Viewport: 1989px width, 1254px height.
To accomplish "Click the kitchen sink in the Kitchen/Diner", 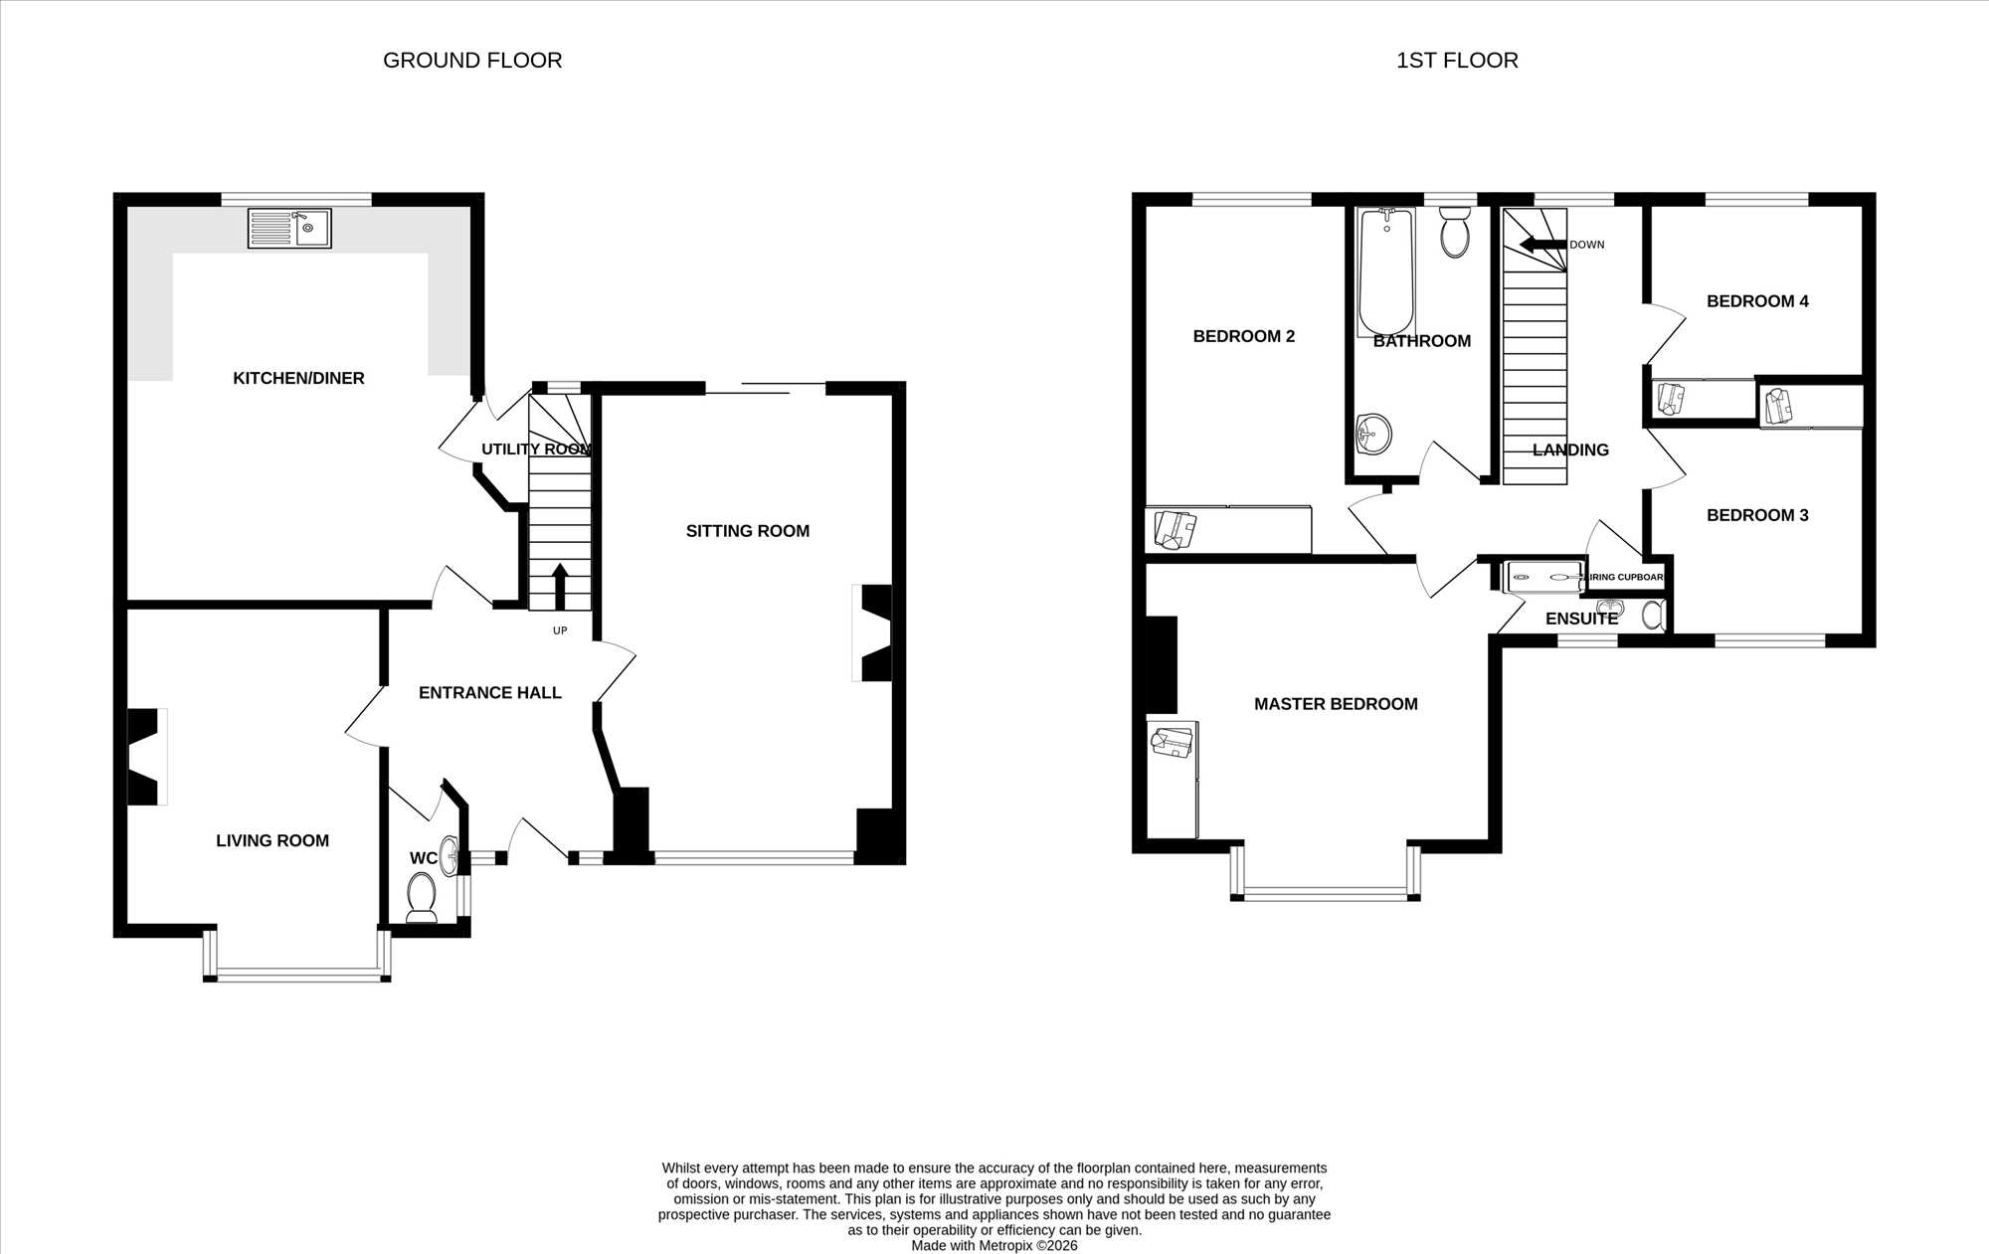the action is [289, 228].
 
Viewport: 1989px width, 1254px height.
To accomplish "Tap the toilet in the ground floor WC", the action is [422, 897].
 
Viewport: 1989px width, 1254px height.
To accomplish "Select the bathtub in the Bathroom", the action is [1386, 270].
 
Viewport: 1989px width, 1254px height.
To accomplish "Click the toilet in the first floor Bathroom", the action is [1455, 231].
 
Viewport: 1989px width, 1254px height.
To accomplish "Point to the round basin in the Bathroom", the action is [1373, 434].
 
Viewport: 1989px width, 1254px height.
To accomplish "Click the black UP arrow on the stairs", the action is [560, 586].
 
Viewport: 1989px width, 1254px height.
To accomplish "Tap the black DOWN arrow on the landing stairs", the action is [1542, 245].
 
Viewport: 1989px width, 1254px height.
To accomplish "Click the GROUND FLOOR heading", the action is [472, 61].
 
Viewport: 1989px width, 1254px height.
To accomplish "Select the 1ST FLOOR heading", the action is [1457, 61].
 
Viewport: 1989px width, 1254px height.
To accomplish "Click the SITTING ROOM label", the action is [748, 531].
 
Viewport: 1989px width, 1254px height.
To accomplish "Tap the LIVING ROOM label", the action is [272, 840].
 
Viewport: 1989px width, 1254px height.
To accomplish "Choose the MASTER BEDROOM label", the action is [1336, 704].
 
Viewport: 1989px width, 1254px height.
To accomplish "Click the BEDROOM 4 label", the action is [1757, 301].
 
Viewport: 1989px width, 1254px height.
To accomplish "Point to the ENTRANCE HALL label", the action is [490, 693].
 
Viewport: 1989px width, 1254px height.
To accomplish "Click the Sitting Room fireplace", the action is [872, 632].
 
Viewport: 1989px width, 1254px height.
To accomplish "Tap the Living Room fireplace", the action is [147, 756].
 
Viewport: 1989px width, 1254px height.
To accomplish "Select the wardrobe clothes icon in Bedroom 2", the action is [1175, 529].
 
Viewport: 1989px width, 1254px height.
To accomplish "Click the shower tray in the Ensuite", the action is [1544, 577].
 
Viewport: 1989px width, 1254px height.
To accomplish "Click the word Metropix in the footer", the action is [1005, 1245].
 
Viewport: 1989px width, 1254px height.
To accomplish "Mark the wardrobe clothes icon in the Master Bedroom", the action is [1172, 742].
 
